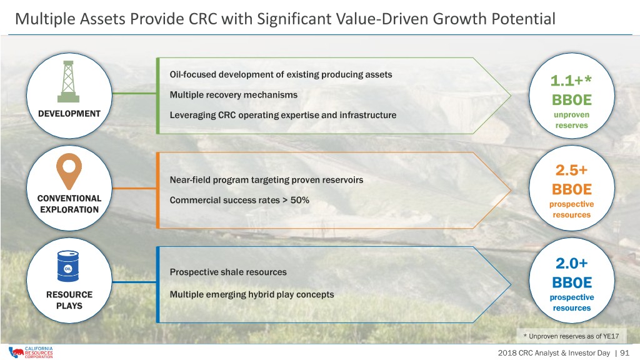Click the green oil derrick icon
click(69, 82)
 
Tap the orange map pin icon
click(69, 171)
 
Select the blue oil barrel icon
click(68, 266)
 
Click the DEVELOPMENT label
click(69, 114)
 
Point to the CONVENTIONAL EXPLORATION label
click(69, 204)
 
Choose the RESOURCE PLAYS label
click(69, 300)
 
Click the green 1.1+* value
click(571, 81)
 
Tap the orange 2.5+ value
click(571, 170)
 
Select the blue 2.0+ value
click(571, 263)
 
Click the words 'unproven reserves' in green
click(571, 120)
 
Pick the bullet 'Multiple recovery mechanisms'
click(234, 95)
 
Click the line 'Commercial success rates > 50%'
click(239, 200)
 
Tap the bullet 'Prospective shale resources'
click(228, 272)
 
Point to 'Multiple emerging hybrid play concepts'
click(252, 295)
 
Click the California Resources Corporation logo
click(31, 352)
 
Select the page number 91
click(624, 353)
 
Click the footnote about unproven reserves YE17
click(571, 336)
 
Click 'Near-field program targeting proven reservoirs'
click(266, 180)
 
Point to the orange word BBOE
click(571, 189)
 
